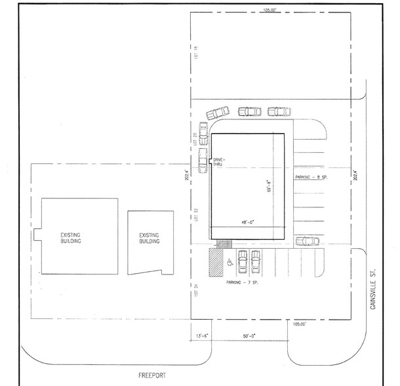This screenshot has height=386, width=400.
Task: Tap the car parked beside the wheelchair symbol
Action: pos(241,263)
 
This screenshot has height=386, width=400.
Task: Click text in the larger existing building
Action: pos(71,238)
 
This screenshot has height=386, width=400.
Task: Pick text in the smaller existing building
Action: pos(150,238)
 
